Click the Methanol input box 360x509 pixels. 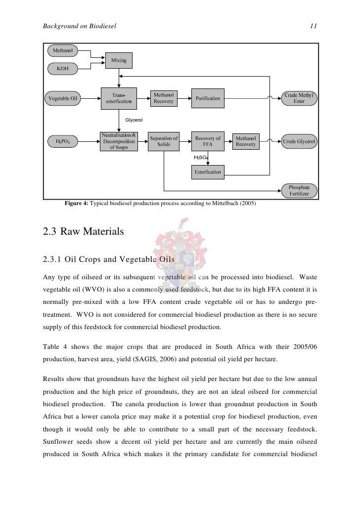(x=62, y=51)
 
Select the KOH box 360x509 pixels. (x=62, y=68)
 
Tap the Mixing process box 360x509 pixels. (x=118, y=60)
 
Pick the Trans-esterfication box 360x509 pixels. (x=118, y=98)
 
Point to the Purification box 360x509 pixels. (x=208, y=98)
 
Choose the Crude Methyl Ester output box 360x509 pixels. (x=299, y=98)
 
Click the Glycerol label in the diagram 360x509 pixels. (x=134, y=120)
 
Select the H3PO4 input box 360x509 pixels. (x=62, y=142)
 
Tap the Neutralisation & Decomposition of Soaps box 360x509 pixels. (x=118, y=141)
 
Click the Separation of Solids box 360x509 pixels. (x=164, y=141)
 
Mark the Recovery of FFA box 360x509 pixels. (x=208, y=141)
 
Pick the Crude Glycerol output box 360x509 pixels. (x=299, y=142)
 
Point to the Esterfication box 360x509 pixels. (x=208, y=172)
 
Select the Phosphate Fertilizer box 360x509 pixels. (x=299, y=191)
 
